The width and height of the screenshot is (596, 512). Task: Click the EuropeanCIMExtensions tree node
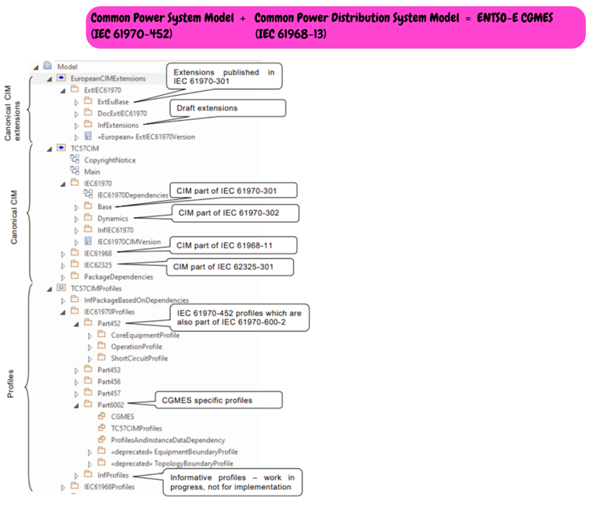(107, 78)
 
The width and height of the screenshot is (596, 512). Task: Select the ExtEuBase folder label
(113, 101)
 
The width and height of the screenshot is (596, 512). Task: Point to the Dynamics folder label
(114, 218)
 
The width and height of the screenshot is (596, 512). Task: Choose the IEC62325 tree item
(99, 265)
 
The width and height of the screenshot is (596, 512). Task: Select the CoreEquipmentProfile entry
(145, 335)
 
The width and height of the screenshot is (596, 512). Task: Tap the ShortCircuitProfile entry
(139, 358)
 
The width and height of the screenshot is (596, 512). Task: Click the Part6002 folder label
(110, 405)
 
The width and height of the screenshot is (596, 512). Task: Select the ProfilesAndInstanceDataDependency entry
(168, 440)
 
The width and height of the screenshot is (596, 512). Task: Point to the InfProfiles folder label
(113, 475)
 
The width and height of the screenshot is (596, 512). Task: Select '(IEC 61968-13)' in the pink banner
(291, 34)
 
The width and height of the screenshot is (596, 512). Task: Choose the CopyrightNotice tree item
(109, 160)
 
